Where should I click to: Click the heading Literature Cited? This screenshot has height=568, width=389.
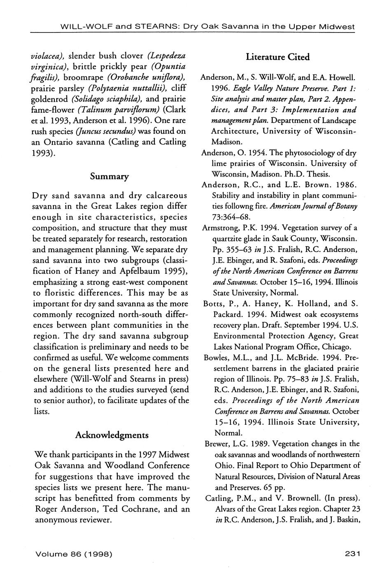tap(277, 57)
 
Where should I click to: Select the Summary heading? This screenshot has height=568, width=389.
tap(109, 177)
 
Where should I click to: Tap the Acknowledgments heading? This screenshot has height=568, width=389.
tap(112, 435)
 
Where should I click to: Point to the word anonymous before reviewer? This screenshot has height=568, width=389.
tap(58, 520)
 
